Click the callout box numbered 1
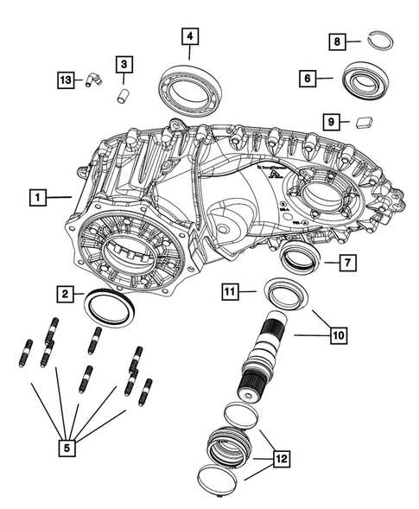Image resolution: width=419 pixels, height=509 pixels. click(x=36, y=197)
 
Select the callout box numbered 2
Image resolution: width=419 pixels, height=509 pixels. click(x=65, y=295)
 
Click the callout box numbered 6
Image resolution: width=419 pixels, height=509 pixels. click(x=306, y=78)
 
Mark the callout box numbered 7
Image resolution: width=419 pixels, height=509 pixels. click(x=343, y=260)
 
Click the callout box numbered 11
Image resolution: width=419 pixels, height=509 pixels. click(x=228, y=293)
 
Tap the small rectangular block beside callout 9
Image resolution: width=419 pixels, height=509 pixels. click(x=364, y=122)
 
